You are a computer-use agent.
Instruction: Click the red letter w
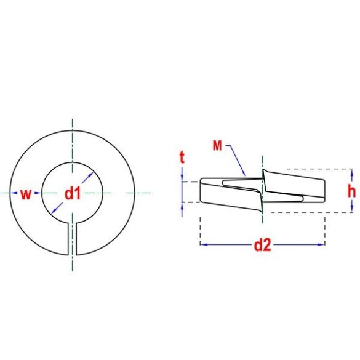coord(25,194)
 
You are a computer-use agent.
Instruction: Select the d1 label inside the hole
coord(73,194)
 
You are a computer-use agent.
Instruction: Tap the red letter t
coord(182,158)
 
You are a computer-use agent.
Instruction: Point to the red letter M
coord(217,146)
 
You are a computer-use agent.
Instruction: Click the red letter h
coord(351,191)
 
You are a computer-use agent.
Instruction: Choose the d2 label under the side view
coord(262,246)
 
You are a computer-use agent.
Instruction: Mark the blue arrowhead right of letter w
coord(38,193)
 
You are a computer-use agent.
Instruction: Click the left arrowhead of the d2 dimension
coord(204,244)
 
